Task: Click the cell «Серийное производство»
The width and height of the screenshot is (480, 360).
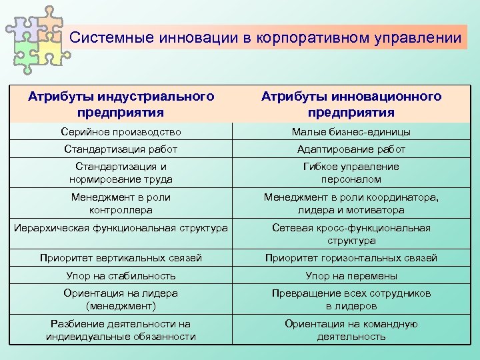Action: pos(121,132)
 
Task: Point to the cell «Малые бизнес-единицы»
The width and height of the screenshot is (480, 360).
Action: pos(351,132)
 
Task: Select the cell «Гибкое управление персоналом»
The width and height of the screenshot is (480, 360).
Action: pos(351,173)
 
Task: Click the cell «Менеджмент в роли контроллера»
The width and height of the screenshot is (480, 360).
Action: pos(121,203)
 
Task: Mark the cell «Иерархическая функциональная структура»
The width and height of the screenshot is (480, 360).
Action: pos(121,228)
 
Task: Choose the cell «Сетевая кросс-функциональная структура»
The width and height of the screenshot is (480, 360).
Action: pos(351,234)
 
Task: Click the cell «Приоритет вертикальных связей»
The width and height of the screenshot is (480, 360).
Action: pos(121,258)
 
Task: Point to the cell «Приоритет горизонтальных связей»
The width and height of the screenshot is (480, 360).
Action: pos(351,258)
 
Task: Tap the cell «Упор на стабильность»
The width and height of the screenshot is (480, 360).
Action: pos(121,275)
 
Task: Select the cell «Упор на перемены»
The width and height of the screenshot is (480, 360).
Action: pos(351,275)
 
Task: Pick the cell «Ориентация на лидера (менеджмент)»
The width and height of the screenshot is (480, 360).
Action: pos(121,299)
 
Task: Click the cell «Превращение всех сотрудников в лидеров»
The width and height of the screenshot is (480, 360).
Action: pos(351,299)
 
